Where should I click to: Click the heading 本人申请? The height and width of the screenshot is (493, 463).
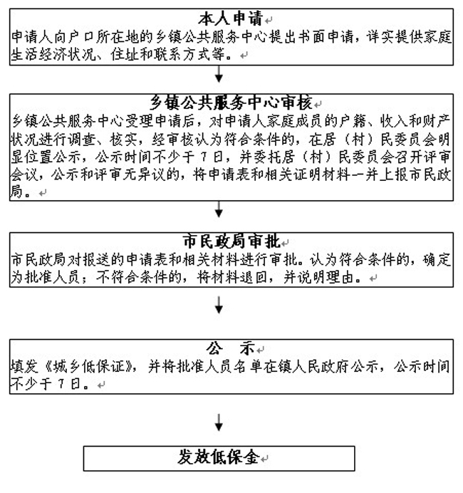[230, 19]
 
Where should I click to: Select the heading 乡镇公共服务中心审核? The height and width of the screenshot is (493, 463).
[231, 103]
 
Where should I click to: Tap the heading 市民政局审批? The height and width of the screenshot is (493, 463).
[231, 242]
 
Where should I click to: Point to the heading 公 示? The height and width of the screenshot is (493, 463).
[230, 348]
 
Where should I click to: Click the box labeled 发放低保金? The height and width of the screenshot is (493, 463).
[219, 458]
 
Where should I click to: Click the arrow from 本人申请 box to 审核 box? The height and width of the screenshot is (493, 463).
[219, 74]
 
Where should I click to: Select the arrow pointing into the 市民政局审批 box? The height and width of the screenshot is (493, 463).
[219, 209]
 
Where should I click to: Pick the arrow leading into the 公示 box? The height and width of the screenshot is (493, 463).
[219, 305]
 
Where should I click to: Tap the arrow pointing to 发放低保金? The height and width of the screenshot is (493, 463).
[219, 422]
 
